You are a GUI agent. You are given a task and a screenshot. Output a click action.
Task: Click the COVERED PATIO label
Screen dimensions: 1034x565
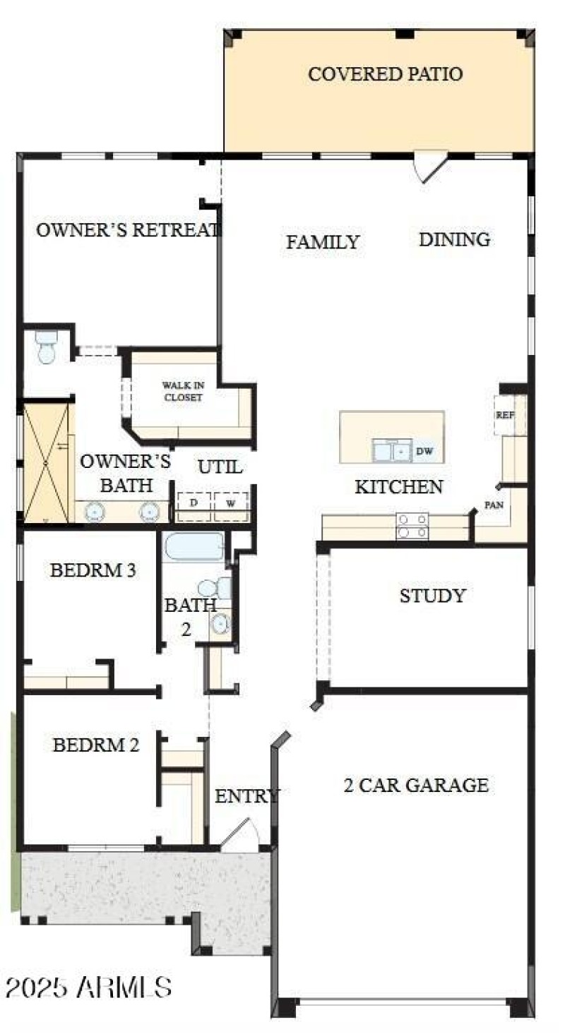point(385,73)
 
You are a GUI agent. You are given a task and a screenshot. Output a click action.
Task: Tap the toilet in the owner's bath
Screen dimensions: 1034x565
point(47,347)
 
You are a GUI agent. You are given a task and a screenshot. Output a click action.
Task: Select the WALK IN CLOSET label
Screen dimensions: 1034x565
point(182,391)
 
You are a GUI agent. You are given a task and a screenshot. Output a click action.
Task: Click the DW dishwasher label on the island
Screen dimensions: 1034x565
point(424,450)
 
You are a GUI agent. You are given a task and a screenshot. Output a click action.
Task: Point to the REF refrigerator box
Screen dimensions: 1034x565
point(505,414)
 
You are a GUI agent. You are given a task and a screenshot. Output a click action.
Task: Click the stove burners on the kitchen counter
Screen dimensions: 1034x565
point(412,526)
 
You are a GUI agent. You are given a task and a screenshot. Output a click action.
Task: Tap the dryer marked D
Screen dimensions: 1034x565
point(193,504)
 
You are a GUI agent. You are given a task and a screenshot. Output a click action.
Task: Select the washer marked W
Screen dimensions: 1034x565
point(231,504)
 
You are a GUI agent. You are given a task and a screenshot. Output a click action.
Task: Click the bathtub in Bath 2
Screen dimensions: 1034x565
point(194,547)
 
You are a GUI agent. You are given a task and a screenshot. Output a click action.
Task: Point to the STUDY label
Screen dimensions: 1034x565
point(432,596)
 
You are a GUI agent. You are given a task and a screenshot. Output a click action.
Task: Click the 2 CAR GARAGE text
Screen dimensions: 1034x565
point(416,785)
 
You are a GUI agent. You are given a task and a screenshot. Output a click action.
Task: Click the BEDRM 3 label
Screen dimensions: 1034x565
point(93,570)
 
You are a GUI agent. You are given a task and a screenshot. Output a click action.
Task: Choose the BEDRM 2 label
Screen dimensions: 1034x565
point(95,745)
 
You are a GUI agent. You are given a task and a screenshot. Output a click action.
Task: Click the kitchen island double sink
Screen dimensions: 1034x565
point(392,450)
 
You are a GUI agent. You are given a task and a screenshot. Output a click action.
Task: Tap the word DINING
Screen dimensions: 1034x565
point(454,239)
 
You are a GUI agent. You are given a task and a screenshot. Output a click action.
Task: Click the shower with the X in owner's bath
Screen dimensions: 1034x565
point(47,462)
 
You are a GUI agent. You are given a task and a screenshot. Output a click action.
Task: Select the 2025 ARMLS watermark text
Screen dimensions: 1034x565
point(88,987)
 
